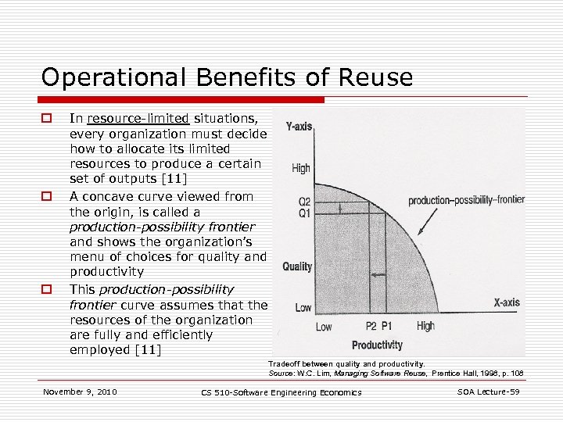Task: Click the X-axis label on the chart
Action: coord(506,302)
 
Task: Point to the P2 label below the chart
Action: coord(371,327)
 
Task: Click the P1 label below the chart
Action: coord(385,327)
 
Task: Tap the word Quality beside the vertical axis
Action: coord(297,267)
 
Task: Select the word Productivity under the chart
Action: coord(377,345)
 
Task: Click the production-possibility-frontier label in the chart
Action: coord(466,200)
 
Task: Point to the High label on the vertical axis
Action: coord(301,168)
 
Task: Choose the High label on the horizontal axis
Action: coord(425,326)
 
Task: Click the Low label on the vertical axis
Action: coord(303,308)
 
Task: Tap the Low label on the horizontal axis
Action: coord(324,327)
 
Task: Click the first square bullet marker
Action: coord(46,119)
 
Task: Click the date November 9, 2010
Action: coord(81,391)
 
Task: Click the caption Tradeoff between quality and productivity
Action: coord(346,363)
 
